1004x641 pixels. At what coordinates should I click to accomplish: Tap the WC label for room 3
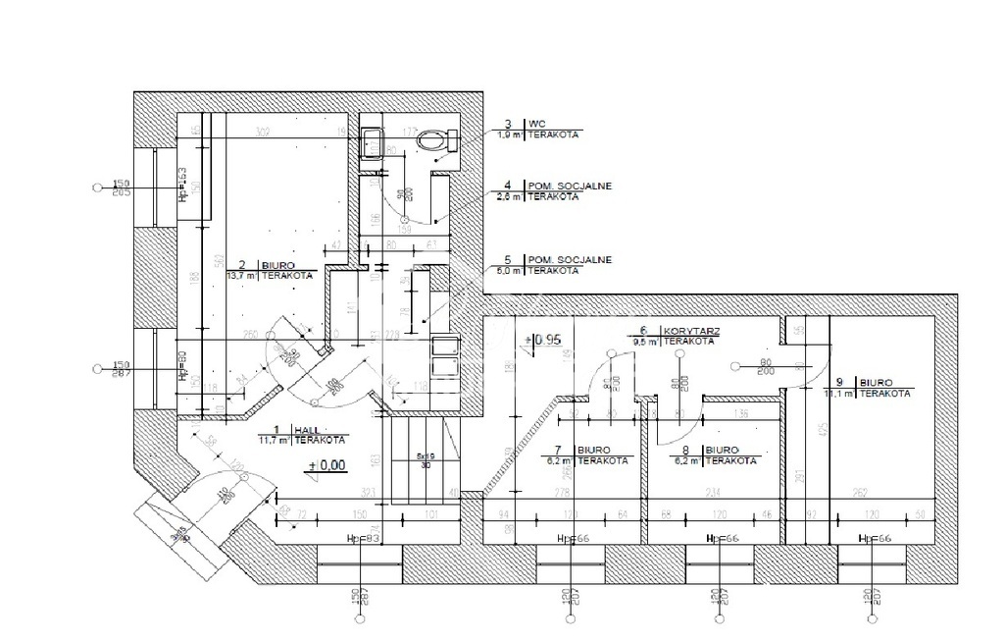537,124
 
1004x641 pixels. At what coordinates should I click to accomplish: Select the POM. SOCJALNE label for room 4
559,184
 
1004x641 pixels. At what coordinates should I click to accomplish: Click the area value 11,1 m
839,393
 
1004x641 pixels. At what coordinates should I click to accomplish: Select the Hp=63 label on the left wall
182,183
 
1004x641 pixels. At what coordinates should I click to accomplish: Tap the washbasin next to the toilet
372,143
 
